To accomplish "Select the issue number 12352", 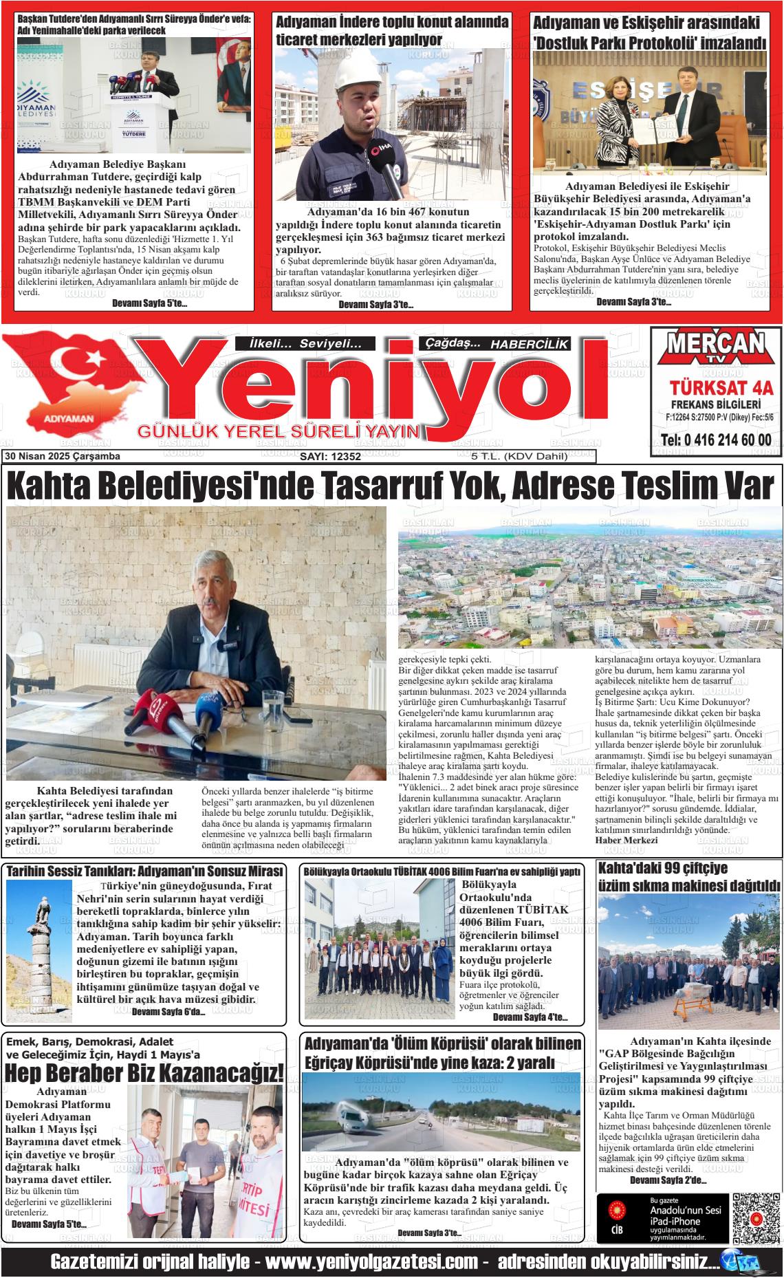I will point(330,457).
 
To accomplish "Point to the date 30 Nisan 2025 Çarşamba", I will point(62,457).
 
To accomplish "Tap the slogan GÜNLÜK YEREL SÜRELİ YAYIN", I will point(279,431).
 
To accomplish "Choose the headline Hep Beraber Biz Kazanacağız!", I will point(144,1074).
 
